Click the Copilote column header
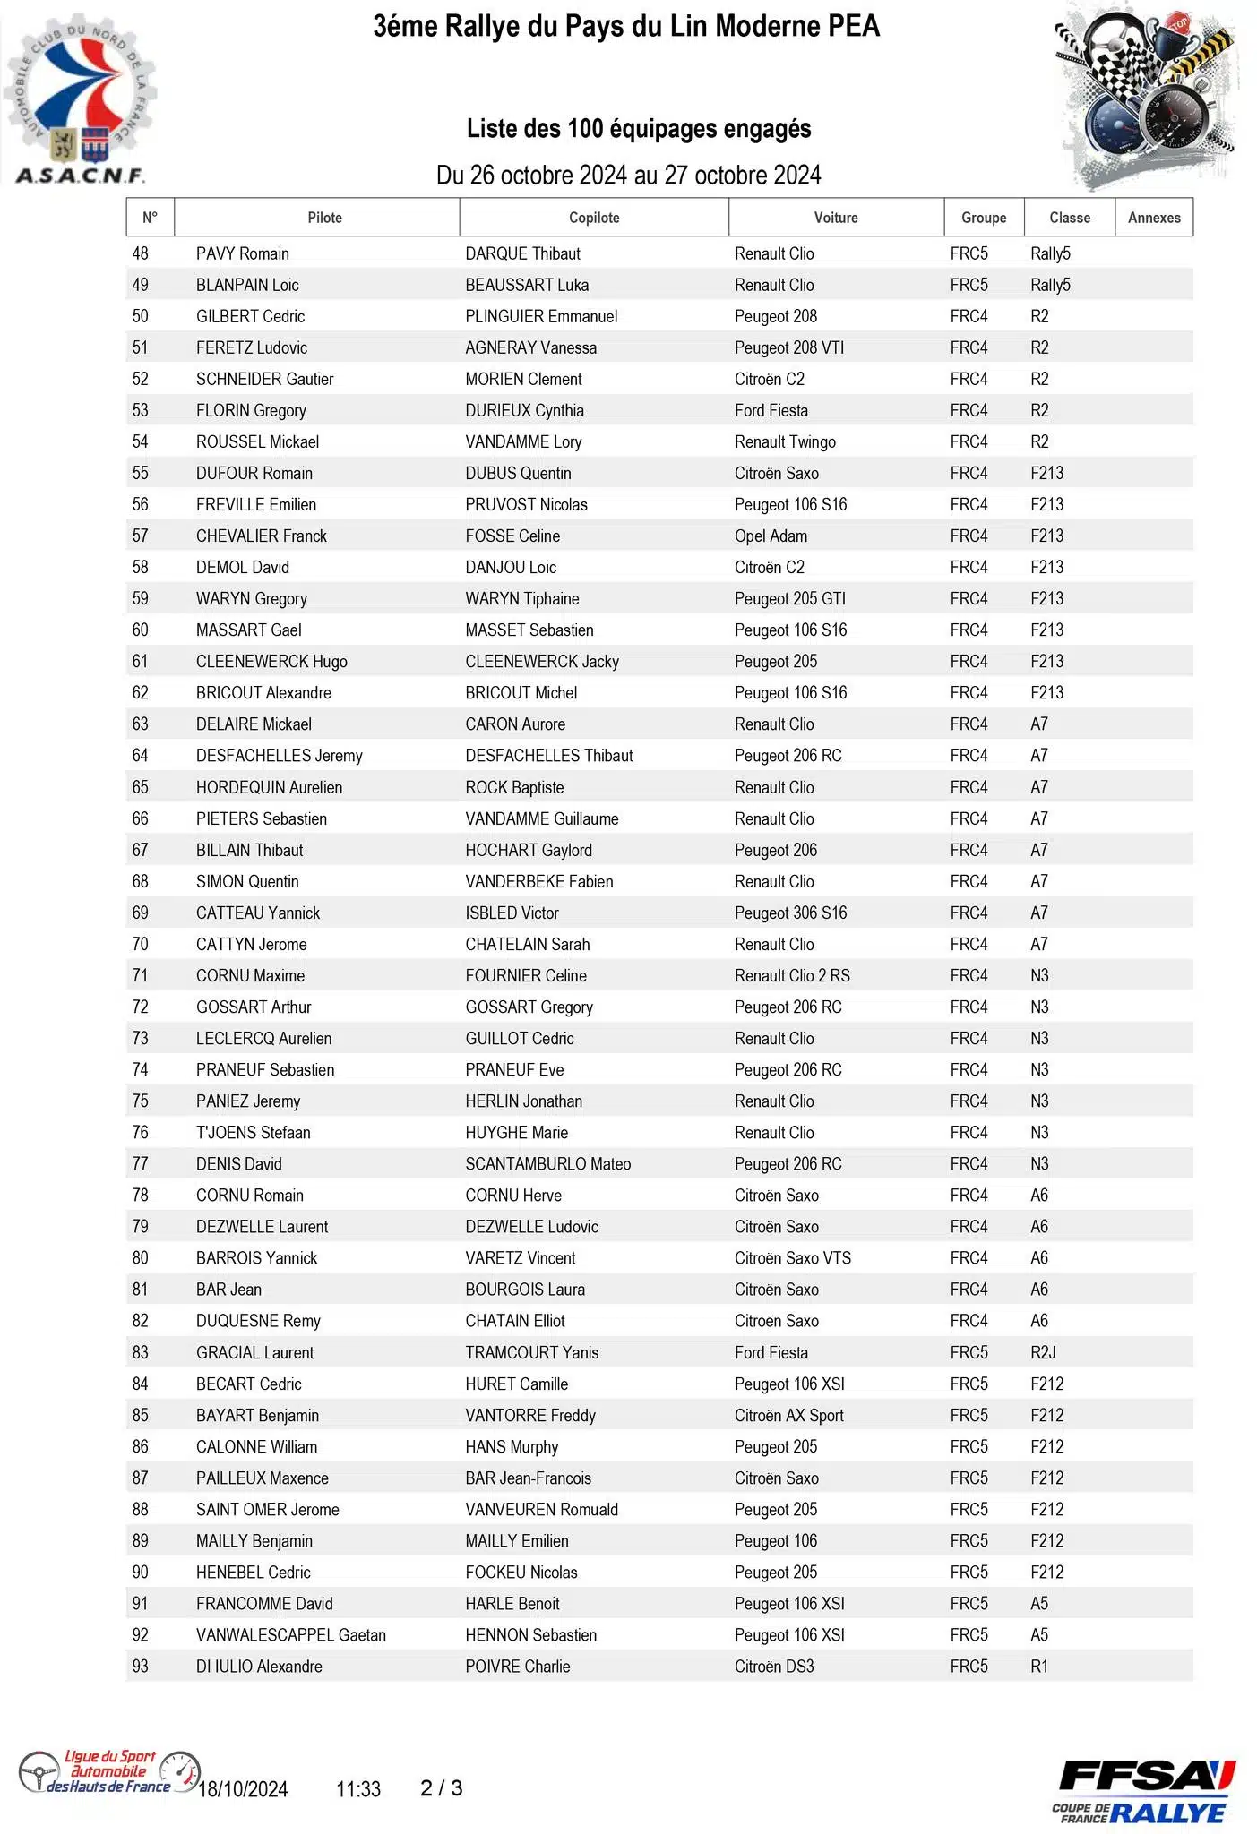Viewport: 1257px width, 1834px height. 594,218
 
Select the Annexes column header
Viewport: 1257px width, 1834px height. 1154,218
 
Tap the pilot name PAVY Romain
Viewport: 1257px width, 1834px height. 242,253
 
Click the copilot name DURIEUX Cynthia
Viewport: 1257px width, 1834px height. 524,410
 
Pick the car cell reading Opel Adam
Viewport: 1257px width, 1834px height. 771,536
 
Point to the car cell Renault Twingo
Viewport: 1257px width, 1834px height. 785,441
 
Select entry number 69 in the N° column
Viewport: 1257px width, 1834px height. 141,913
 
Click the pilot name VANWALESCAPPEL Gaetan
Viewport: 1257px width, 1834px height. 291,1634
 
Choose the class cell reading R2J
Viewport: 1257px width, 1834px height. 1043,1352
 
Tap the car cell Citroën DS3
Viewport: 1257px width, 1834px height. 774,1666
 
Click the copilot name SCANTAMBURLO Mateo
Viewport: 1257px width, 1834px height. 547,1163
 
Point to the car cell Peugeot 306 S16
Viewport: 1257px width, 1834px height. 790,913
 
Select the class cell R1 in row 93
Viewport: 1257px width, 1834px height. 1039,1666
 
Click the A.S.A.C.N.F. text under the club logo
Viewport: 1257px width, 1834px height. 80,176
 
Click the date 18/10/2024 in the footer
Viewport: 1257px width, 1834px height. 243,1789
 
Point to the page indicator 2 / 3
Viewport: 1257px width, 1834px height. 442,1788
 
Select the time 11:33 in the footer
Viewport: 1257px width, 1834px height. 358,1789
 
